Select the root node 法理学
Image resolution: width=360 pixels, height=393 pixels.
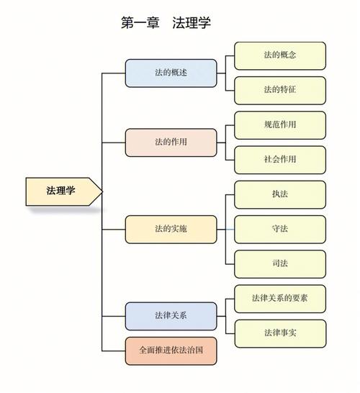(63, 191)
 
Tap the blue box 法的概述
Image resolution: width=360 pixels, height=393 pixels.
(171, 73)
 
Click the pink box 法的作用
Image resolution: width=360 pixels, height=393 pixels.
(171, 142)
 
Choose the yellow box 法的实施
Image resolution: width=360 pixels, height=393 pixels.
(171, 229)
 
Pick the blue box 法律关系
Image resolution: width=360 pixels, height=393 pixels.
(171, 316)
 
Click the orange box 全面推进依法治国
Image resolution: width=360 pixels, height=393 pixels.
(171, 350)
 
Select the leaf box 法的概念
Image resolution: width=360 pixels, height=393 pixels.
(280, 55)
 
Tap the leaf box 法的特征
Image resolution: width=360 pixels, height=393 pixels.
(280, 90)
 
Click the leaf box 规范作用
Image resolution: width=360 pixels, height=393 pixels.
(280, 125)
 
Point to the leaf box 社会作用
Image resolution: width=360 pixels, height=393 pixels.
(280, 159)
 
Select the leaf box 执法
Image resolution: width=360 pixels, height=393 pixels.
(280, 194)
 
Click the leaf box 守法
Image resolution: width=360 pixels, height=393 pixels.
(280, 229)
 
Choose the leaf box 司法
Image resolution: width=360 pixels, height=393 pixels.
(280, 263)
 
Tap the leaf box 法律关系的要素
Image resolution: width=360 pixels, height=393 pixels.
(280, 298)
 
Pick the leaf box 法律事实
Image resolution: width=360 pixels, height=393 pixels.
(280, 333)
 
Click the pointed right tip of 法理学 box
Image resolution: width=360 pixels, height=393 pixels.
(101, 191)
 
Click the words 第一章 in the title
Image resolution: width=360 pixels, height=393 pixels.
(138, 23)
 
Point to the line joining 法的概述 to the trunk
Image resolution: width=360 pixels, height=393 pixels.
(114, 73)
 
